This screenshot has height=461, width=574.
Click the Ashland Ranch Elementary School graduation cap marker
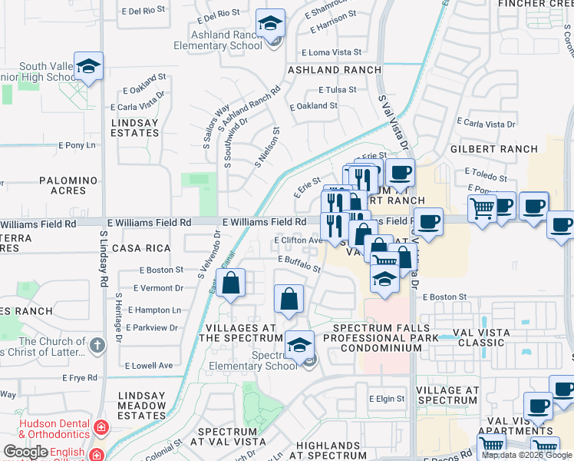click(x=270, y=24)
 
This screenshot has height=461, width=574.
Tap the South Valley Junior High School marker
click(x=89, y=66)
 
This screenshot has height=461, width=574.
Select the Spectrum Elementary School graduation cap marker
click(x=300, y=346)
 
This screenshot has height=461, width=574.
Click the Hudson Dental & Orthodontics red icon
click(x=100, y=426)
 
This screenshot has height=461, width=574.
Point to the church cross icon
click(x=97, y=345)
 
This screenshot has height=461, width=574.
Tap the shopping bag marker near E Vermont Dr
click(x=231, y=284)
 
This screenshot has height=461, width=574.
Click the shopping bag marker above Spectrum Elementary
click(x=289, y=300)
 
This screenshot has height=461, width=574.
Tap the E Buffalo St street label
click(x=299, y=264)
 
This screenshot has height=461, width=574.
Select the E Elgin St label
click(x=386, y=399)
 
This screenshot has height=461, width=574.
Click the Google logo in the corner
click(x=26, y=452)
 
